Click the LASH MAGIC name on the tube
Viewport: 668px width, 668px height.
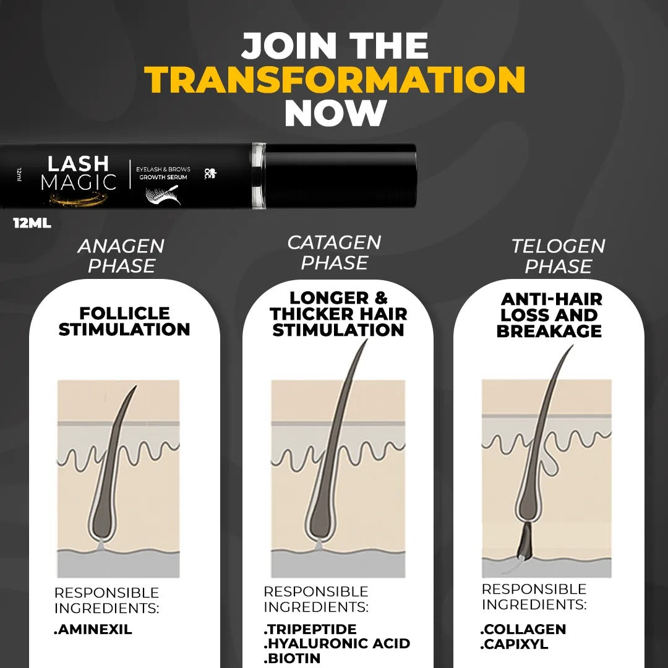(x=78, y=173)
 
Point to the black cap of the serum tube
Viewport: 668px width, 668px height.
(x=340, y=175)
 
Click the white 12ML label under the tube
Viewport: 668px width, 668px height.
(x=32, y=223)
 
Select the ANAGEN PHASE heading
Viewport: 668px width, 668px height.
(x=121, y=256)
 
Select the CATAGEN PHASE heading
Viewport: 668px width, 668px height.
(x=334, y=252)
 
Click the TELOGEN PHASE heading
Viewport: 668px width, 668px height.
(x=558, y=256)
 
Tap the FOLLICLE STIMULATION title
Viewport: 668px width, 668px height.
(x=124, y=321)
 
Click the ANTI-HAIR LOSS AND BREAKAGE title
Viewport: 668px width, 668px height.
(x=549, y=315)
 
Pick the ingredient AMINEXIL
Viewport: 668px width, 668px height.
(x=93, y=630)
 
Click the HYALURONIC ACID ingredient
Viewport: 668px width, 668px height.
(x=337, y=644)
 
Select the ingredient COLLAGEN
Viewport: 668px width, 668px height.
(x=523, y=629)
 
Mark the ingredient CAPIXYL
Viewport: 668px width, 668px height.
(x=515, y=644)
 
